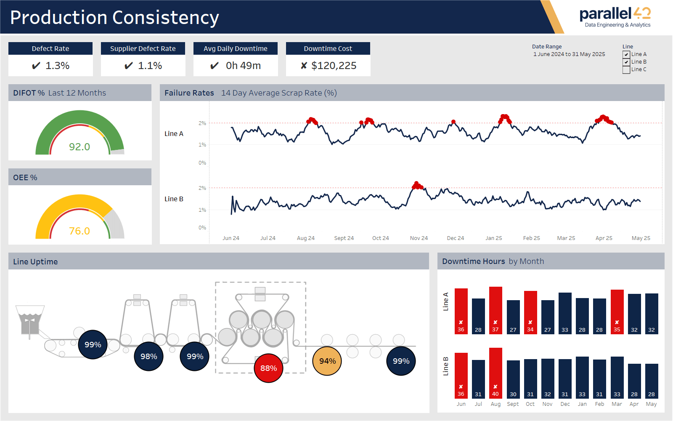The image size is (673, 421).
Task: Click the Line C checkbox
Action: [626, 70]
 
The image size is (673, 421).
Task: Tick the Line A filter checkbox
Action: [626, 55]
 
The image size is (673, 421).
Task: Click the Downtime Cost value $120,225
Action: [334, 66]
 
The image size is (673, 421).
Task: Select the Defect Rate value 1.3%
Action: [57, 66]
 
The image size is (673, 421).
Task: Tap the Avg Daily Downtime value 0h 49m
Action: [243, 66]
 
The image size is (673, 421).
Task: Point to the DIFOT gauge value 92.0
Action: [79, 147]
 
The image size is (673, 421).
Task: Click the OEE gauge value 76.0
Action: [79, 231]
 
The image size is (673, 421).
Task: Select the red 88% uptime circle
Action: [268, 368]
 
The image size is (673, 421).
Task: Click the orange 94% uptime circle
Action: [327, 361]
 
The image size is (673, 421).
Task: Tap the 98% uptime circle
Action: [148, 357]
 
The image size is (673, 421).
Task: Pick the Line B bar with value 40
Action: [495, 373]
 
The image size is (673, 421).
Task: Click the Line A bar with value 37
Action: [495, 310]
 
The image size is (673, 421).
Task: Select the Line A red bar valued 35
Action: [617, 312]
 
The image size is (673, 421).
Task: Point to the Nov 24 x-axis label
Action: [419, 238]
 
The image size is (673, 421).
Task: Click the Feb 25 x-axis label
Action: [532, 238]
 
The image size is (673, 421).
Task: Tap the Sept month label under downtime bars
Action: [513, 404]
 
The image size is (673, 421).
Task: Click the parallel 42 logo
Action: [615, 17]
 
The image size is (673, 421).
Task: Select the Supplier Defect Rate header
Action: [143, 48]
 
